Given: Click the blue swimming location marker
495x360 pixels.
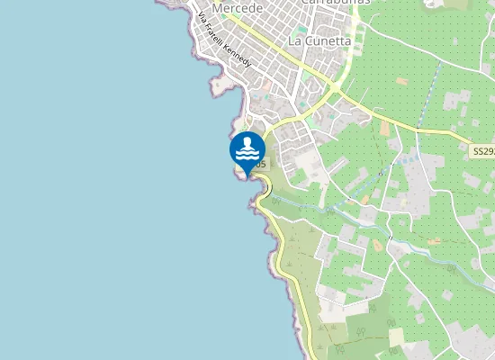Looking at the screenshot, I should point(247,150).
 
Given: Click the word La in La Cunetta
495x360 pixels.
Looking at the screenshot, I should point(294,41).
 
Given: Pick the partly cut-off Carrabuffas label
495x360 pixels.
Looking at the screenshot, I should point(329,3).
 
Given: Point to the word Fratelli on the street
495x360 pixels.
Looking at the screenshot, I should point(214,31).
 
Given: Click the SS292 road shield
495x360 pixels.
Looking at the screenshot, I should point(483,153).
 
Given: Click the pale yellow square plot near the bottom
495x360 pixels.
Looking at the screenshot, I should point(396,336).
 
